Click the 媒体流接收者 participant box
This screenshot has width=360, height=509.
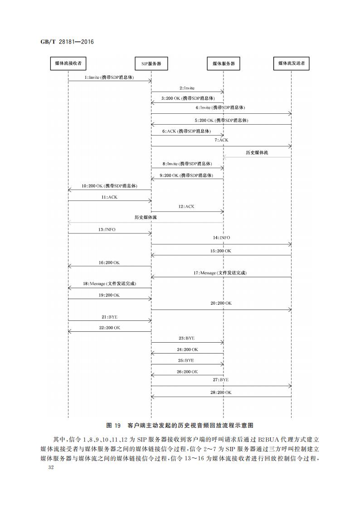click(68, 63)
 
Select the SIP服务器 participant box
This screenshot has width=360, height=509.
click(151, 64)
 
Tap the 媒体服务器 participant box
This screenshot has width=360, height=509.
click(224, 64)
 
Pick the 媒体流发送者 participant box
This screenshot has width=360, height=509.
click(291, 63)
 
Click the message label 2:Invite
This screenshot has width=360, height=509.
click(187, 88)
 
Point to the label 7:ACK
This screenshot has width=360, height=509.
click(221, 140)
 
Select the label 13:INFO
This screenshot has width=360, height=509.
click(107, 229)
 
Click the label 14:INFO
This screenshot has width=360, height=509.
click(221, 238)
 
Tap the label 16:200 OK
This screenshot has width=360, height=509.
click(109, 262)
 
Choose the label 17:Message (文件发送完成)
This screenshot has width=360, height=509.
click(220, 273)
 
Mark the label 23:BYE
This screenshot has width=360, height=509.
click(187, 338)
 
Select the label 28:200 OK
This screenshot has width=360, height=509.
click(221, 392)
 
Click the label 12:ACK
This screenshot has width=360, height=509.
click(186, 206)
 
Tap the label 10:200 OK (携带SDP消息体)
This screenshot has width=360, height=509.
click(109, 186)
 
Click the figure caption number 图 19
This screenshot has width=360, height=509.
click(113, 425)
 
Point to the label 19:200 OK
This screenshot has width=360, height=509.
click(109, 295)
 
